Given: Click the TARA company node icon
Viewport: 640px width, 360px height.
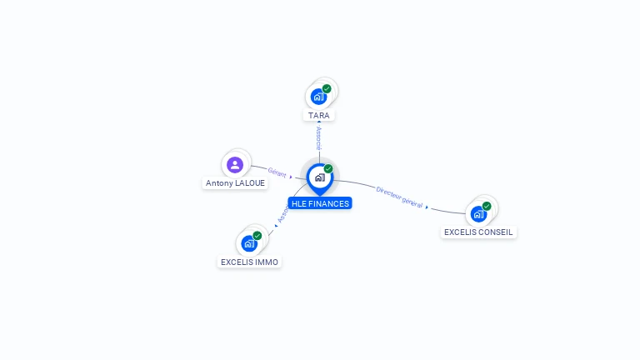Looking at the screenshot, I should tap(318, 97).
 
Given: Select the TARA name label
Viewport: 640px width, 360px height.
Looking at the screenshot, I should tap(318, 116).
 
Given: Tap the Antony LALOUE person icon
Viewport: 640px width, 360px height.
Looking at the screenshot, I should tap(235, 164).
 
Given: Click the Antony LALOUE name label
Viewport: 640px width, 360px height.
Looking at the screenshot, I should tap(236, 183).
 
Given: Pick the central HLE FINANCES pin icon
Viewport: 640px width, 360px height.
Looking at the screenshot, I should tap(319, 177).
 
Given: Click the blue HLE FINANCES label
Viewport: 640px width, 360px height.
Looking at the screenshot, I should tap(320, 203).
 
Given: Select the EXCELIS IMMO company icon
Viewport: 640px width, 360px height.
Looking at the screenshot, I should tap(248, 243).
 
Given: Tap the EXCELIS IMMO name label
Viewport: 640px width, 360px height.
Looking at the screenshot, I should tap(250, 262).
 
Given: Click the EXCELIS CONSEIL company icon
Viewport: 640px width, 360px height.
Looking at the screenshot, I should tap(478, 213).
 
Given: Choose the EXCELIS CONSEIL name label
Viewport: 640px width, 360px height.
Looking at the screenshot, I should tap(478, 232).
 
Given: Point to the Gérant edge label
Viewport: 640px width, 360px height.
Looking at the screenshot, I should tap(277, 172).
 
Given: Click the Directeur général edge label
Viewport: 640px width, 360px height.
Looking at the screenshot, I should tap(399, 197).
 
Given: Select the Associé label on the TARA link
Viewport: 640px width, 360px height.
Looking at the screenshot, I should tap(318, 138).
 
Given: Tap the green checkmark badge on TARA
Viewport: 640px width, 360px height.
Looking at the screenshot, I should tap(327, 88).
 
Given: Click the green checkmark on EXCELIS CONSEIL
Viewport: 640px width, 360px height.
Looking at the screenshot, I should tap(487, 206).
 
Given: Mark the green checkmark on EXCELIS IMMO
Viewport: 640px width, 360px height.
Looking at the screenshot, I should tap(257, 236).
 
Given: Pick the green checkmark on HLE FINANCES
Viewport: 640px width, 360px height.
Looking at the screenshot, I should tap(328, 169).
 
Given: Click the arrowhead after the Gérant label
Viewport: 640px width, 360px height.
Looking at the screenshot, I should tap(291, 177).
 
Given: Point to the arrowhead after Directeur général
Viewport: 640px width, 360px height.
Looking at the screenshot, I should tap(427, 207).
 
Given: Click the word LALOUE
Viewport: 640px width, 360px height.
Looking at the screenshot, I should tap(250, 183).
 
